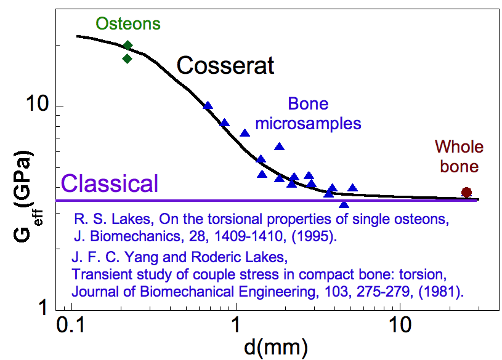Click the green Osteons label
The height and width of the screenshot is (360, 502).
(x=128, y=24)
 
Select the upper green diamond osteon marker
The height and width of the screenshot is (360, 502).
(x=128, y=46)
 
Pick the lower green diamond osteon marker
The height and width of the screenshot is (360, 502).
(x=128, y=59)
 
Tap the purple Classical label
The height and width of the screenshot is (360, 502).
(x=110, y=183)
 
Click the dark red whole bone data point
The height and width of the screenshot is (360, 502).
(x=466, y=193)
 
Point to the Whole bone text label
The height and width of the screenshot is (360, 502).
(x=459, y=156)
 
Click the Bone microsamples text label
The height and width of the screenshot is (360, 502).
(x=308, y=114)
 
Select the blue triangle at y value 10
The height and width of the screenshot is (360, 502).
(x=208, y=106)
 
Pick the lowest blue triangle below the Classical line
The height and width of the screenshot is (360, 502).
(x=344, y=204)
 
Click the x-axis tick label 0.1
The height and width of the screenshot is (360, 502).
(x=71, y=325)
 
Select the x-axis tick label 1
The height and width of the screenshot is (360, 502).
(x=236, y=325)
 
